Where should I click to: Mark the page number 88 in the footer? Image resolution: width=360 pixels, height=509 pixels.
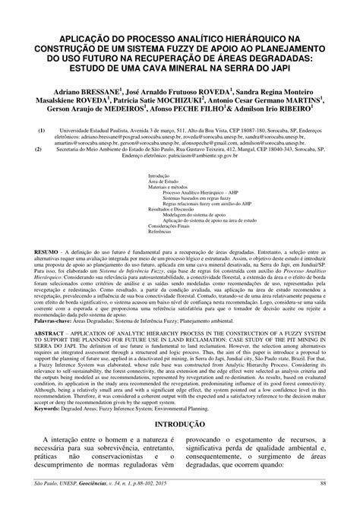[x=323, y=503]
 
